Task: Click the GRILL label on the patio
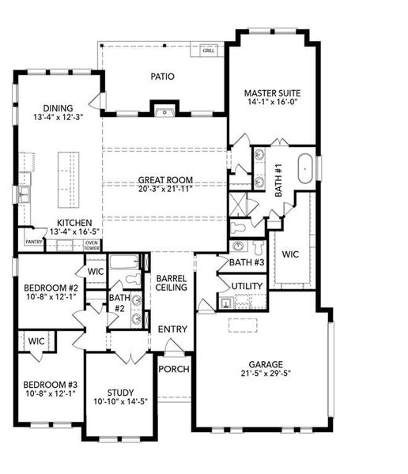209,51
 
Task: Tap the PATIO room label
163,77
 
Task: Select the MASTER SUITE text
270,93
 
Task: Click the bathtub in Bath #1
305,170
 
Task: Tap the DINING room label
59,108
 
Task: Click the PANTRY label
33,242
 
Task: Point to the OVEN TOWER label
92,245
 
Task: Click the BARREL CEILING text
171,283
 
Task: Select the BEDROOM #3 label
47,384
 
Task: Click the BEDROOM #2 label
47,288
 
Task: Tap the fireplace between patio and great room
164,110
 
